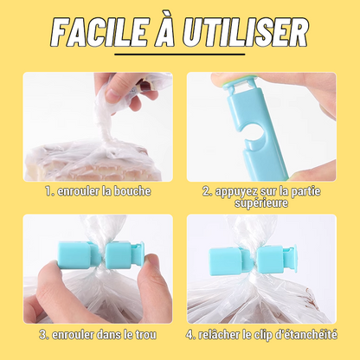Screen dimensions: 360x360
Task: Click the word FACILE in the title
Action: (x=98, y=31)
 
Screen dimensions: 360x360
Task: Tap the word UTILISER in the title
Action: (x=245, y=31)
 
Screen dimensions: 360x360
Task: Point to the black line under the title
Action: (x=180, y=54)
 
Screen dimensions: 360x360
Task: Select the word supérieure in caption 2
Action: (x=261, y=203)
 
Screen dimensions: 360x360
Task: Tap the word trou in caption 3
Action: (x=145, y=335)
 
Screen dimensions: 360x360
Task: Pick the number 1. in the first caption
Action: (x=50, y=191)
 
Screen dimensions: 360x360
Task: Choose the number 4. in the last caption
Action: (x=190, y=335)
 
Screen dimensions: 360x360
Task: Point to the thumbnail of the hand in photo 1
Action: (x=113, y=93)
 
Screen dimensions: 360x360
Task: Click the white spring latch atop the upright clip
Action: (x=238, y=83)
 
